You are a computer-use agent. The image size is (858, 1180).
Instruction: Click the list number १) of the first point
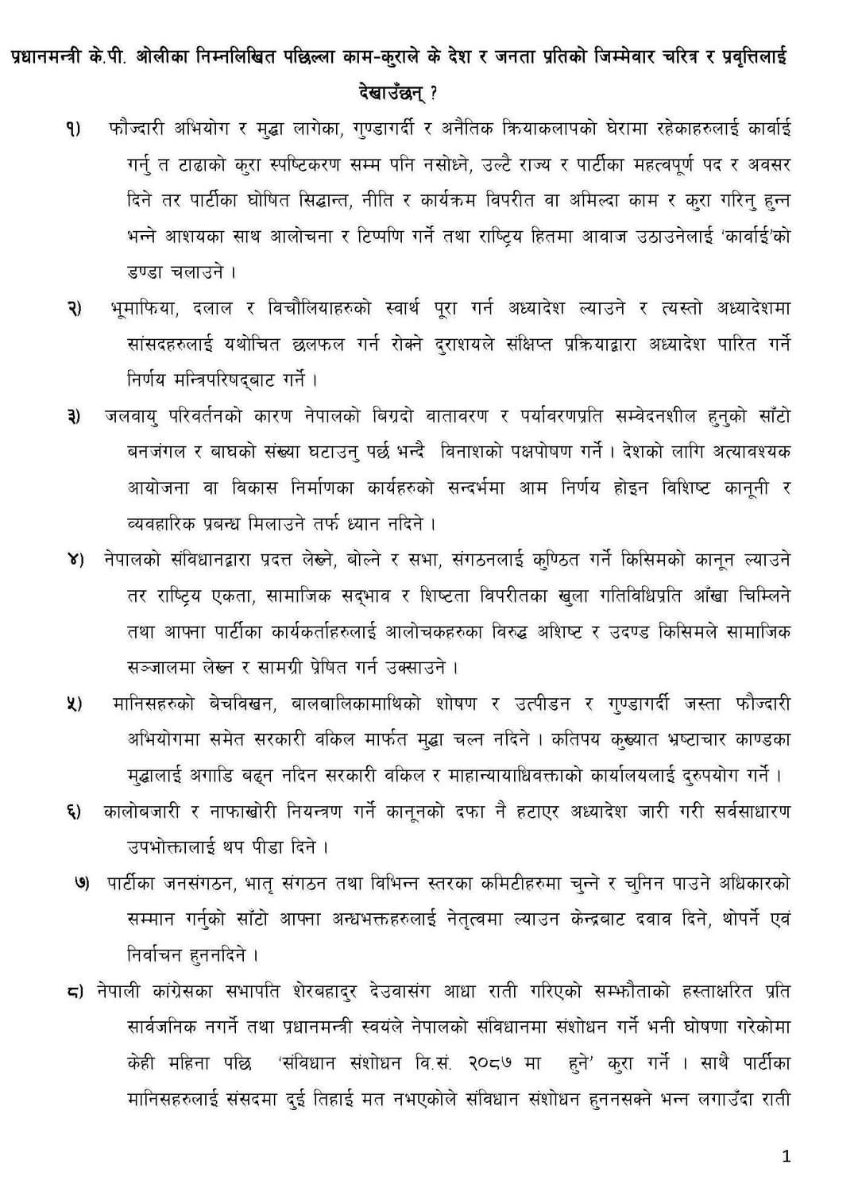[x=73, y=129]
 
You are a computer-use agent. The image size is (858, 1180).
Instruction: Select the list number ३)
[x=73, y=417]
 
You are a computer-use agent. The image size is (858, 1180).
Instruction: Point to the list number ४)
[x=73, y=560]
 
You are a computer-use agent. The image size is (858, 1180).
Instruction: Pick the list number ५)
[x=73, y=704]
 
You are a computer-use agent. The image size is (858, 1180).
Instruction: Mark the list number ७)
[x=83, y=884]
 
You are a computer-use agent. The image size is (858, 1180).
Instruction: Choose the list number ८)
[x=75, y=992]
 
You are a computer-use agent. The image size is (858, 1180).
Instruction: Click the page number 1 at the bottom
[x=786, y=1157]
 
